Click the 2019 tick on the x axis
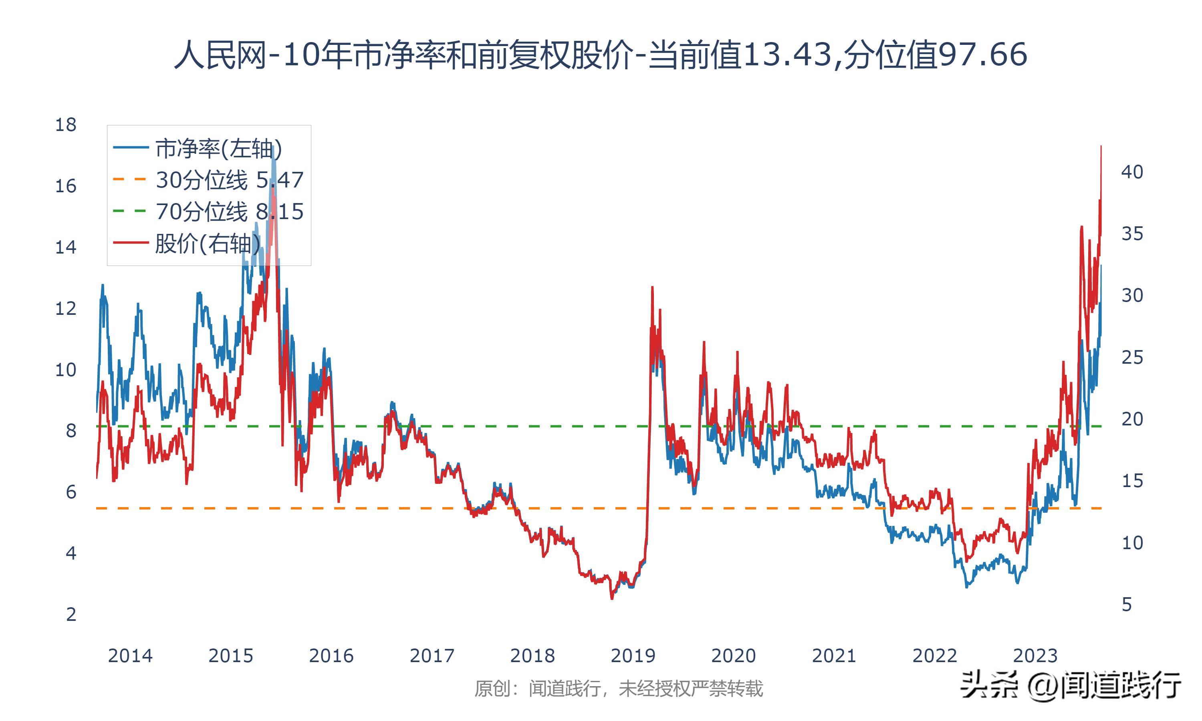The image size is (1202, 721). click(x=633, y=656)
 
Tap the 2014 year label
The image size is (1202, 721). click(x=130, y=656)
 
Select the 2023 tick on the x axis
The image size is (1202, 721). click(x=1035, y=656)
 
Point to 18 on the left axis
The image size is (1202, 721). click(x=66, y=125)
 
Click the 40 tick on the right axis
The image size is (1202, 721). click(x=1132, y=172)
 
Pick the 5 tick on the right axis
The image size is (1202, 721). click(x=1127, y=605)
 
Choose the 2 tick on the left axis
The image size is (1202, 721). click(x=71, y=614)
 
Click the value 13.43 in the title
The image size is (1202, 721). click(x=787, y=54)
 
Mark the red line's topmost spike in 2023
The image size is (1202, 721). click(x=1101, y=146)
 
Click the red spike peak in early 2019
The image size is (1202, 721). click(x=652, y=288)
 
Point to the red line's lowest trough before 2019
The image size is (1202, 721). click(x=612, y=598)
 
